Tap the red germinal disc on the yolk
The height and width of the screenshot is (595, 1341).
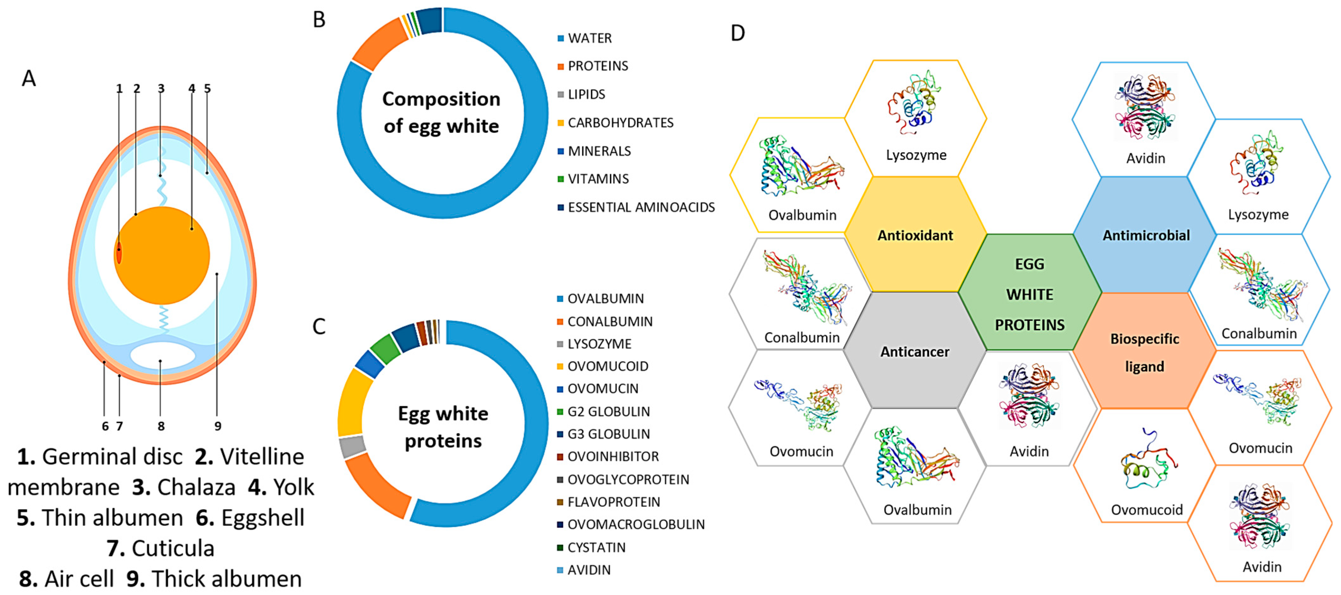point(119,253)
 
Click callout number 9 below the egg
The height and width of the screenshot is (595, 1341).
point(217,426)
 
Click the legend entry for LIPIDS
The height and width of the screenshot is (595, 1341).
point(586,94)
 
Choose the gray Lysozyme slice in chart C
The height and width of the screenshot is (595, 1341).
point(352,446)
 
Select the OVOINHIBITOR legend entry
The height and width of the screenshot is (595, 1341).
point(613,457)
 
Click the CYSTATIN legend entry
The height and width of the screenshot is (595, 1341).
point(596,547)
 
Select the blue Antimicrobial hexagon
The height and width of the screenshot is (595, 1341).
point(1146,235)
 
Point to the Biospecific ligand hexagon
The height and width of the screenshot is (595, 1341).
point(1144,352)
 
